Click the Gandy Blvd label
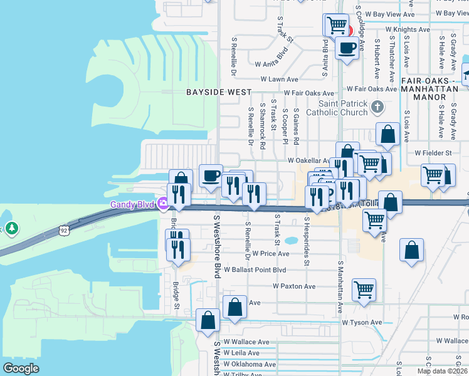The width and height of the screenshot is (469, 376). (134, 204)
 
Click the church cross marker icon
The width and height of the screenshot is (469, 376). (377, 107)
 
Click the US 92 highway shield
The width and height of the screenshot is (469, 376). (64, 231)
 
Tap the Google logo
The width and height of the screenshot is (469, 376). (20, 368)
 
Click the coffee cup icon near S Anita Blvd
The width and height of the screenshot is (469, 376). (346, 47)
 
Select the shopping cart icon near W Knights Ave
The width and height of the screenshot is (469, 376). (337, 24)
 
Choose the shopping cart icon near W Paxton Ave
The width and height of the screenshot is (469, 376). (364, 289)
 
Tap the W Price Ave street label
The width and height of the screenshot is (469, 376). (270, 254)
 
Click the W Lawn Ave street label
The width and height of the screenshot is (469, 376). (277, 80)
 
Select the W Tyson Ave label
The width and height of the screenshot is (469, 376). (362, 323)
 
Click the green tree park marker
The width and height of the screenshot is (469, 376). (11, 229)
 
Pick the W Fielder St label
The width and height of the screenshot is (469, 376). (433, 153)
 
